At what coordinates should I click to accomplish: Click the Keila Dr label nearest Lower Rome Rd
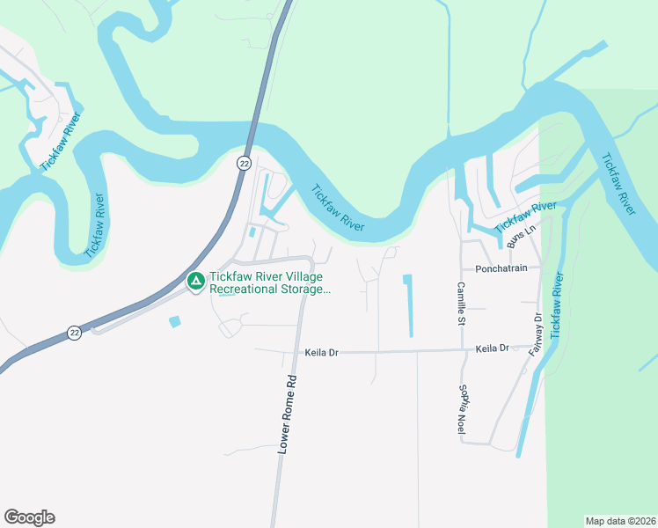click(x=321, y=353)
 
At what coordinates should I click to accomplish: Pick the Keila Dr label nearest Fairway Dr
click(x=492, y=348)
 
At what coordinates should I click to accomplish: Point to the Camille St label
click(x=460, y=303)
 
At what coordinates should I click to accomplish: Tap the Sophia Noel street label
click(x=460, y=408)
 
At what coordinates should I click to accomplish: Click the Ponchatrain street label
click(x=501, y=269)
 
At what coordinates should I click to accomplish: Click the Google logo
click(x=29, y=517)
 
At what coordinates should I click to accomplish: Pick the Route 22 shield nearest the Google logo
click(x=75, y=333)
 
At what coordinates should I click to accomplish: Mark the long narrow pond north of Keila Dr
click(x=408, y=305)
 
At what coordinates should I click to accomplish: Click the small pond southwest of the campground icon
click(x=174, y=321)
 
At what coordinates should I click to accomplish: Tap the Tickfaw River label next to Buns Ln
click(x=525, y=216)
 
